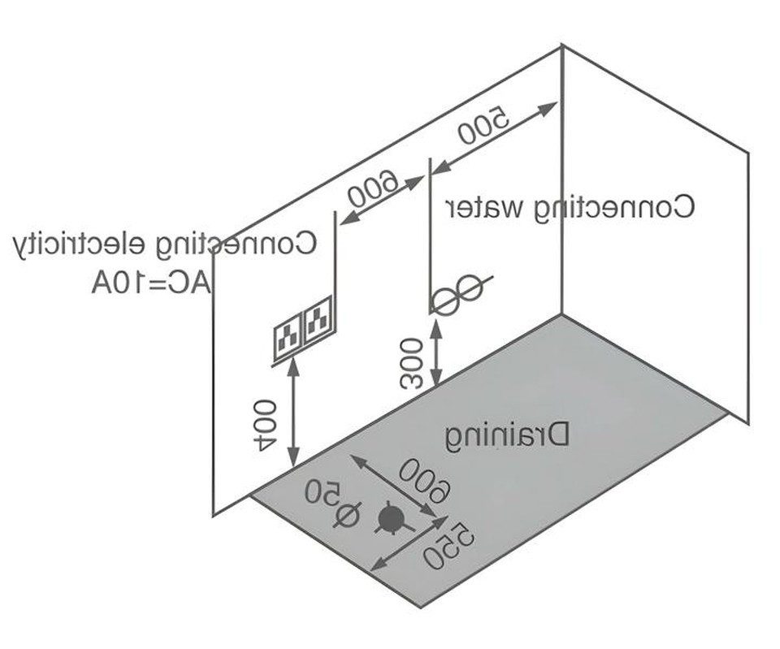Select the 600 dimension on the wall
pos(373,189)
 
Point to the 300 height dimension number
pos(412,363)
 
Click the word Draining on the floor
pos(507,438)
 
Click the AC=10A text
pos(151,284)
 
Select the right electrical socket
pos(318,318)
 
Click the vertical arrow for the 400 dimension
pos(294,413)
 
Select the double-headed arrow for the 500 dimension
pos(495,137)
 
